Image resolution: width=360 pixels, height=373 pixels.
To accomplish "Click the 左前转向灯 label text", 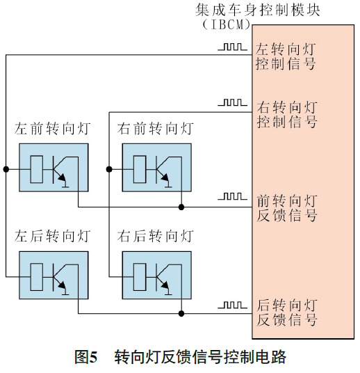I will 53,129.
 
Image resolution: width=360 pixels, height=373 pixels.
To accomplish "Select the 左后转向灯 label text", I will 53,236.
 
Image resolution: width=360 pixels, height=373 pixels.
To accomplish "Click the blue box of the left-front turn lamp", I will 54,167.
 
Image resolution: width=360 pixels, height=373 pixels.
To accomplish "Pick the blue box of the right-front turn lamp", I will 156,167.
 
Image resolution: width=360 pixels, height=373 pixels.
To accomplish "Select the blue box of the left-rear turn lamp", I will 54,274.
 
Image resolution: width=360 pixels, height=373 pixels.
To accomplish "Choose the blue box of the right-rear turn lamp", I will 156,274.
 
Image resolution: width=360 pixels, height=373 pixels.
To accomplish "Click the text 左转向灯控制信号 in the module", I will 286,56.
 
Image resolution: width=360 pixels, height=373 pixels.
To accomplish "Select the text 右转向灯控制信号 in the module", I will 286,114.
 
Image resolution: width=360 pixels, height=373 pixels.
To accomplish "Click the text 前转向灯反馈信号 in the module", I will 286,207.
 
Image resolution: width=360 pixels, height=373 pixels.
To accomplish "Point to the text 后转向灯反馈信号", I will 286,312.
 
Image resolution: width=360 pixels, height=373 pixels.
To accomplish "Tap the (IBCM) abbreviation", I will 225,24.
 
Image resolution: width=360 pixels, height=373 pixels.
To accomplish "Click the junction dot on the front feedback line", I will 181,207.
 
